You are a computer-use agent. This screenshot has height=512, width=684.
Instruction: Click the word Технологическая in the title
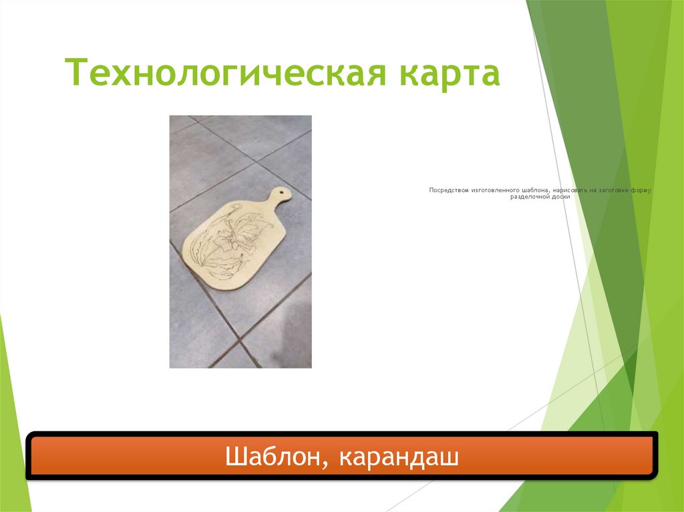coord(226,73)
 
